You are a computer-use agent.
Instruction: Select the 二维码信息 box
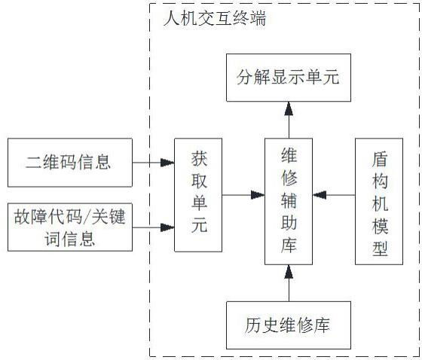click(69, 160)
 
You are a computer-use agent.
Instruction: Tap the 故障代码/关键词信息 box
click(69, 227)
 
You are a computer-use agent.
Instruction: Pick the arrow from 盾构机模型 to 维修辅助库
click(334, 194)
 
